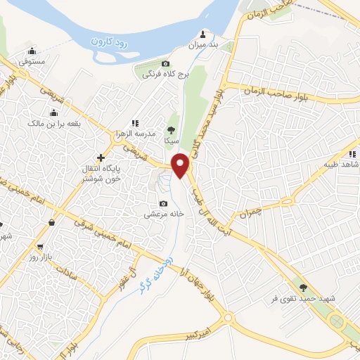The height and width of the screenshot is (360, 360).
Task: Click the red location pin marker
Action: (181, 165)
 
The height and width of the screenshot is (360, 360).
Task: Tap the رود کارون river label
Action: (112, 41)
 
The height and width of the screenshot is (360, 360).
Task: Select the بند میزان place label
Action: (204, 44)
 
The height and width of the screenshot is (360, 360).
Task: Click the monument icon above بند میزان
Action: (204, 34)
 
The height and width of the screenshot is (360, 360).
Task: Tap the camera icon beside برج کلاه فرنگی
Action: (166, 64)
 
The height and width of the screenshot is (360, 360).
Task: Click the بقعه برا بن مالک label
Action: (54, 124)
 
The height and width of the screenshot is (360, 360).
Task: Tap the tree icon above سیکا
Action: (171, 129)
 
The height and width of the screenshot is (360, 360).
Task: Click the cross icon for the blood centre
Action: (101, 157)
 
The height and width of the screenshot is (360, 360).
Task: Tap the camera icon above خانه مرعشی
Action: (164, 203)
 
